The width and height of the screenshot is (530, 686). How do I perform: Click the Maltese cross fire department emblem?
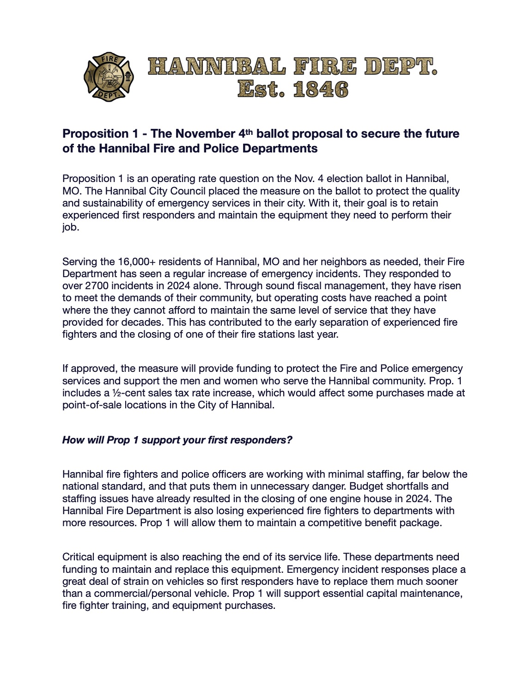pos(109,77)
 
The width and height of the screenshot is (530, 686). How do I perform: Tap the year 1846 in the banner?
pos(320,89)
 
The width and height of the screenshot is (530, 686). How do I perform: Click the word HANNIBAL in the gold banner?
pos(217,67)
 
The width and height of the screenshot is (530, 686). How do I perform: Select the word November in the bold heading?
pos(205,134)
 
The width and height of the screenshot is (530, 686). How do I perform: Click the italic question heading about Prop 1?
pos(177,440)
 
